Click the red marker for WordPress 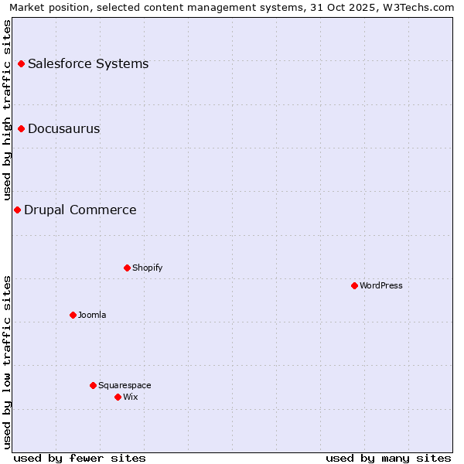pos(354,285)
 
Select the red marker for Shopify pos(127,268)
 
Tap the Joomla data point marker pos(73,315)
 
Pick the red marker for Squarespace pos(93,385)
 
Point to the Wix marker pos(118,397)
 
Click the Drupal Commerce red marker pos(17,210)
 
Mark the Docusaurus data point pos(21,128)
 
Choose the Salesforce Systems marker pos(21,63)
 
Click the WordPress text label pos(381,285)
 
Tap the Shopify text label pos(147,268)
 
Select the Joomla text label pos(92,315)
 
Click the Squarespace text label pos(125,385)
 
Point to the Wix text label pos(130,397)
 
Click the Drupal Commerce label pos(80,210)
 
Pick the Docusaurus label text pos(64,128)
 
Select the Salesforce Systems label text pos(88,63)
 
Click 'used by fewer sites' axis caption pos(80,458)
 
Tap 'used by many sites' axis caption pos(388,458)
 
